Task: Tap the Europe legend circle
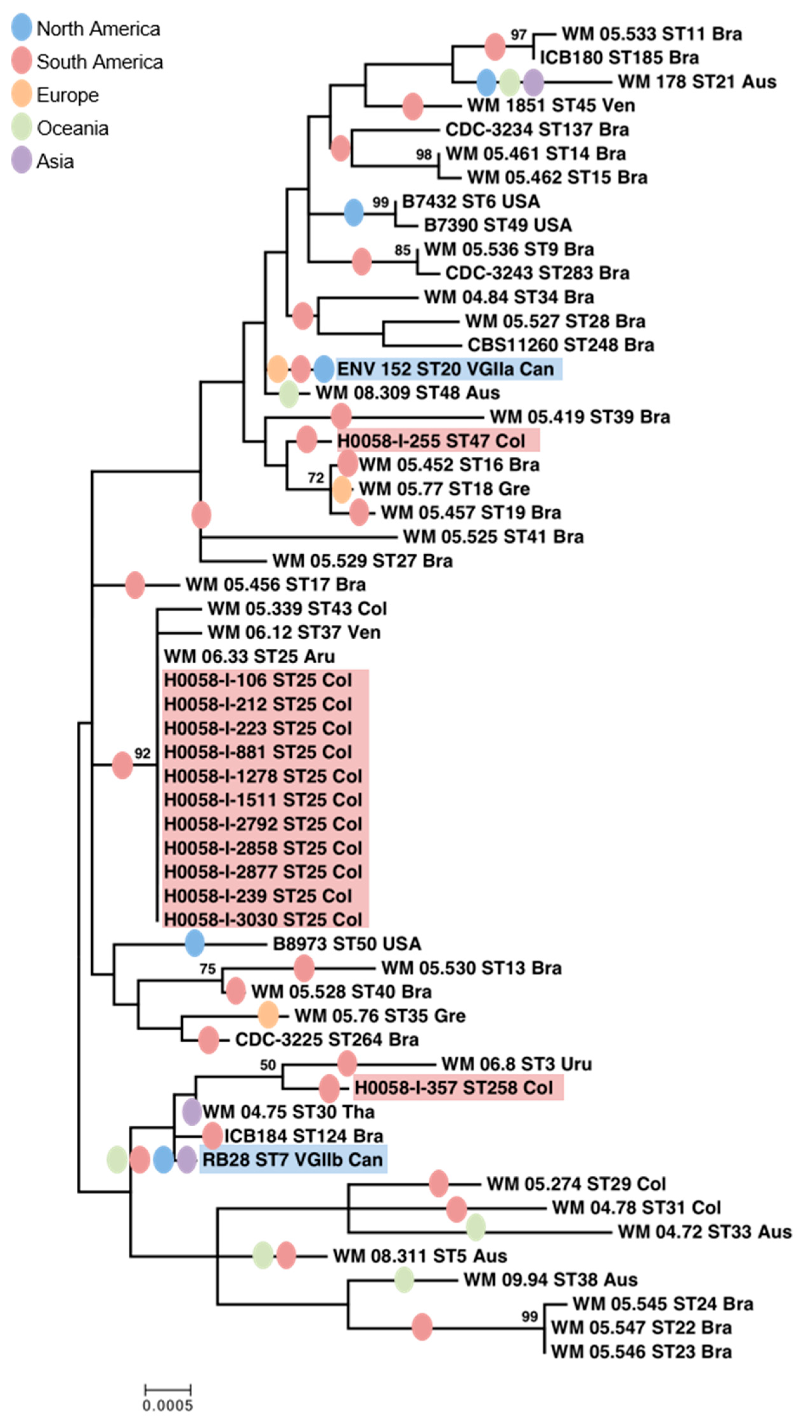click(22, 95)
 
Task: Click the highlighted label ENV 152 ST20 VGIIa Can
click(446, 369)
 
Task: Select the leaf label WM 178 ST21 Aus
click(697, 82)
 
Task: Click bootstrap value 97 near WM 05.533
click(518, 35)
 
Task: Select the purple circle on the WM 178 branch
click(533, 82)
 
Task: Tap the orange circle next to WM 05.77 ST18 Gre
click(342, 489)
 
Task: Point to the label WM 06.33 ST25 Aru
click(250, 656)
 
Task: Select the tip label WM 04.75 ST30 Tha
click(288, 1112)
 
